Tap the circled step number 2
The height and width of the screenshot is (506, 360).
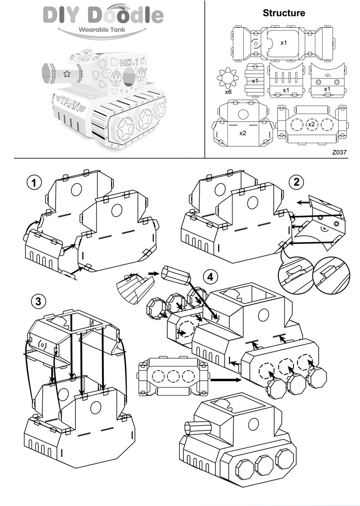point(297,182)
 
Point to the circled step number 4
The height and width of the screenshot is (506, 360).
point(210,276)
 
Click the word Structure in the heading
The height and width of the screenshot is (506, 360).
point(283,13)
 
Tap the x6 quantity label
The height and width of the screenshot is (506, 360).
point(229,92)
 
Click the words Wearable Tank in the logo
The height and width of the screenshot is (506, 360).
point(102,29)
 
